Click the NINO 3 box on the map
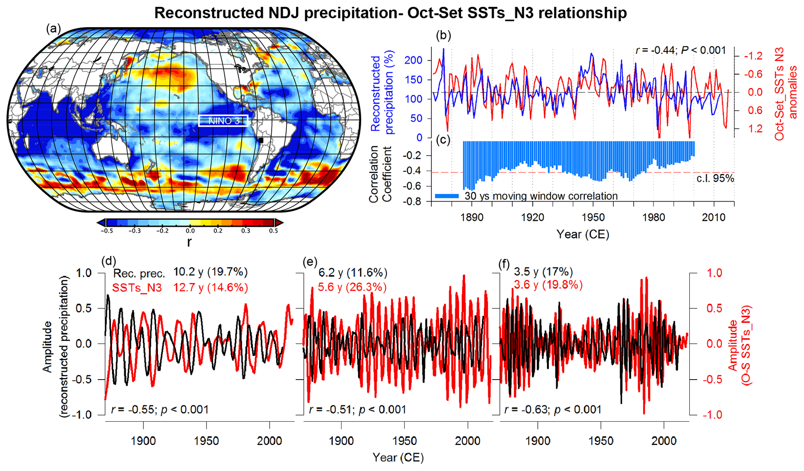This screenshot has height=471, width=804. coord(223,121)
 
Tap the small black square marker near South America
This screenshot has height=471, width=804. coord(261,140)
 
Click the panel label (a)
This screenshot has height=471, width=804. coord(53,29)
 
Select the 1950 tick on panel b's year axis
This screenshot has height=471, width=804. coord(593,217)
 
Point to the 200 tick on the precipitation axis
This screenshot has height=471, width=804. coord(413,60)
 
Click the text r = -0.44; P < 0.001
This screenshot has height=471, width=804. coord(681,50)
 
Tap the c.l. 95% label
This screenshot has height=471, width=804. coord(715,179)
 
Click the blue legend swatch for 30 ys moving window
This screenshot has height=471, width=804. coord(447,196)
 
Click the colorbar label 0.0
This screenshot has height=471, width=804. coord(190,231)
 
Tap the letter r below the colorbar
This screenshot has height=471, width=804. coord(189,242)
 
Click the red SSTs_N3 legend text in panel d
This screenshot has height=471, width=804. coord(137,288)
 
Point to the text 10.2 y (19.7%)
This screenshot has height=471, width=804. coord(210,272)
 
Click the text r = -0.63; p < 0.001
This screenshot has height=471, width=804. coord(552,410)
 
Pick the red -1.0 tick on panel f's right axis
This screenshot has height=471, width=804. coord(712,415)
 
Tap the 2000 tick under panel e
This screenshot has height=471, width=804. coord(468,441)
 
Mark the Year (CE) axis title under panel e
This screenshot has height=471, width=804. coord(398,457)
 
